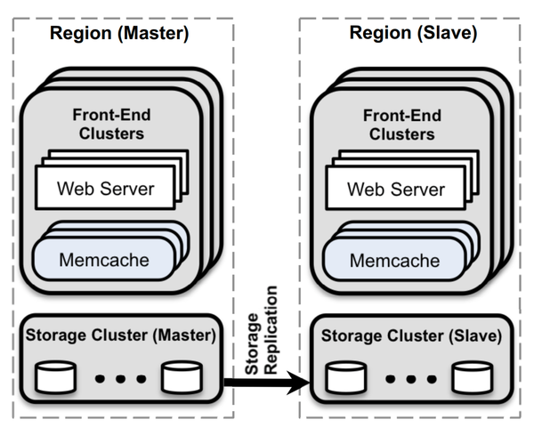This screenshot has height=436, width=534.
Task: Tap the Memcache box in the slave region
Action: [x=393, y=260]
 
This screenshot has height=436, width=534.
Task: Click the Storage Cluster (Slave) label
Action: [x=410, y=336]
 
